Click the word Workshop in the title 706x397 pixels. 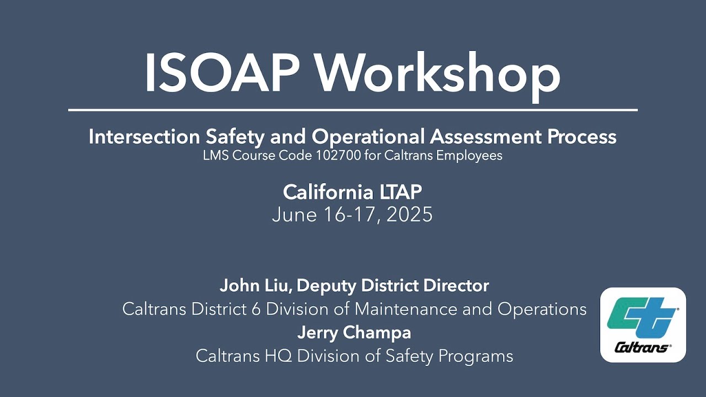coord(438,73)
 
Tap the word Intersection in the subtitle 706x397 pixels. coord(139,137)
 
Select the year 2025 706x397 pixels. coord(409,214)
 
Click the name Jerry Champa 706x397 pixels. coord(354,332)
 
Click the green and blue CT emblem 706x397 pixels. coord(642,319)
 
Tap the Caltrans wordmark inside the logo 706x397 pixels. coord(642,347)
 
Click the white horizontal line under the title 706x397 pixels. coord(353,110)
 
